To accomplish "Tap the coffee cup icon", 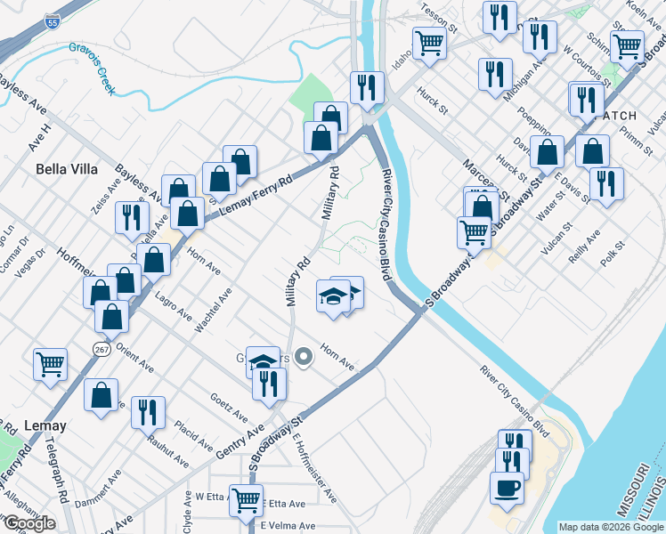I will point(508,489).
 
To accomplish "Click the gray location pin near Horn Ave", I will point(305,358).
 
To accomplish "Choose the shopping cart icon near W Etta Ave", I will point(245,499).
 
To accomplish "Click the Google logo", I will point(28,523).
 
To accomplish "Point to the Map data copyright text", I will point(611,527).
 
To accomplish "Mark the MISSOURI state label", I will point(629,490).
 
